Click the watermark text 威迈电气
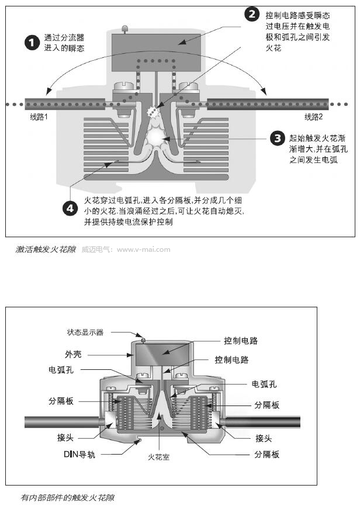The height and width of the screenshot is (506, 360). coord(95,249)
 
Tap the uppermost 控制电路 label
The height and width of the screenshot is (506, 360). coord(241,340)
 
